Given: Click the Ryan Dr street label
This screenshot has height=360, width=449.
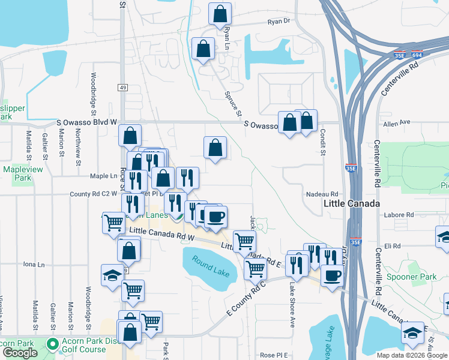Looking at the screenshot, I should click(x=279, y=21).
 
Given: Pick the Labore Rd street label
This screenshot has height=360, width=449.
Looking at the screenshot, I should click(x=401, y=214).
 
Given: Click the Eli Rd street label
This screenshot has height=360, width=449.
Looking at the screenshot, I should click(x=393, y=246).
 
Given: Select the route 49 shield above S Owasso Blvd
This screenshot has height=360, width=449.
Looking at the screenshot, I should click(x=122, y=88).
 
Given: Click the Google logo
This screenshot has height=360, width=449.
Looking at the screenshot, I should click(x=20, y=353).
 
